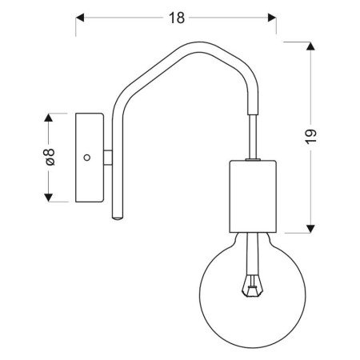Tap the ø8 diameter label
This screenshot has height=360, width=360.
pyautogui.click(x=49, y=157)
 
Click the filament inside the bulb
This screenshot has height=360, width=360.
pyautogui.click(x=254, y=282)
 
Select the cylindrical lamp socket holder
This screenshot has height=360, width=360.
pyautogui.click(x=253, y=194)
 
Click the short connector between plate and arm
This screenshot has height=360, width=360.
pyautogui.click(x=108, y=157)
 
